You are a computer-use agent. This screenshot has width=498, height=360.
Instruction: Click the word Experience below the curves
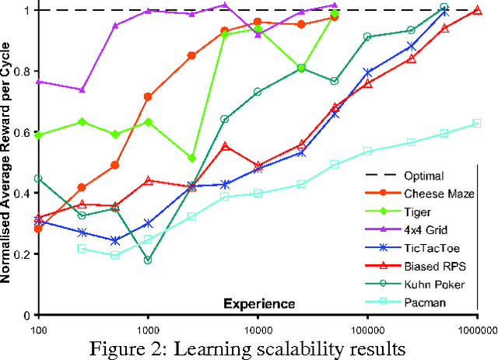tap(259, 302)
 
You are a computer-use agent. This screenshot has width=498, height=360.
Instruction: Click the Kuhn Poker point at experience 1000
tap(148, 260)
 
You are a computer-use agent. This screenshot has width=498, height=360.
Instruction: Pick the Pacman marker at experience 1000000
tap(477, 123)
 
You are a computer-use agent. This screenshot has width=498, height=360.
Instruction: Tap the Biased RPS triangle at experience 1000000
tap(477, 10)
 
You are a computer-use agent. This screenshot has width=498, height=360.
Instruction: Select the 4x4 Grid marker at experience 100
tap(38, 81)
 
